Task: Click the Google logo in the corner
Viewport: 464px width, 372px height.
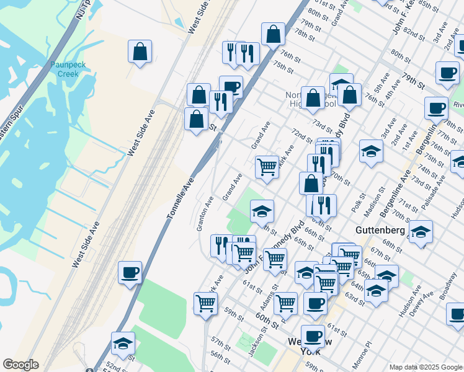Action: point(20,365)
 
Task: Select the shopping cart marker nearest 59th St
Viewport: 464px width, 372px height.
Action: point(205,303)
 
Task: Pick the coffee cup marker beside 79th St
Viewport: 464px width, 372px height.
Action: point(447,73)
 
